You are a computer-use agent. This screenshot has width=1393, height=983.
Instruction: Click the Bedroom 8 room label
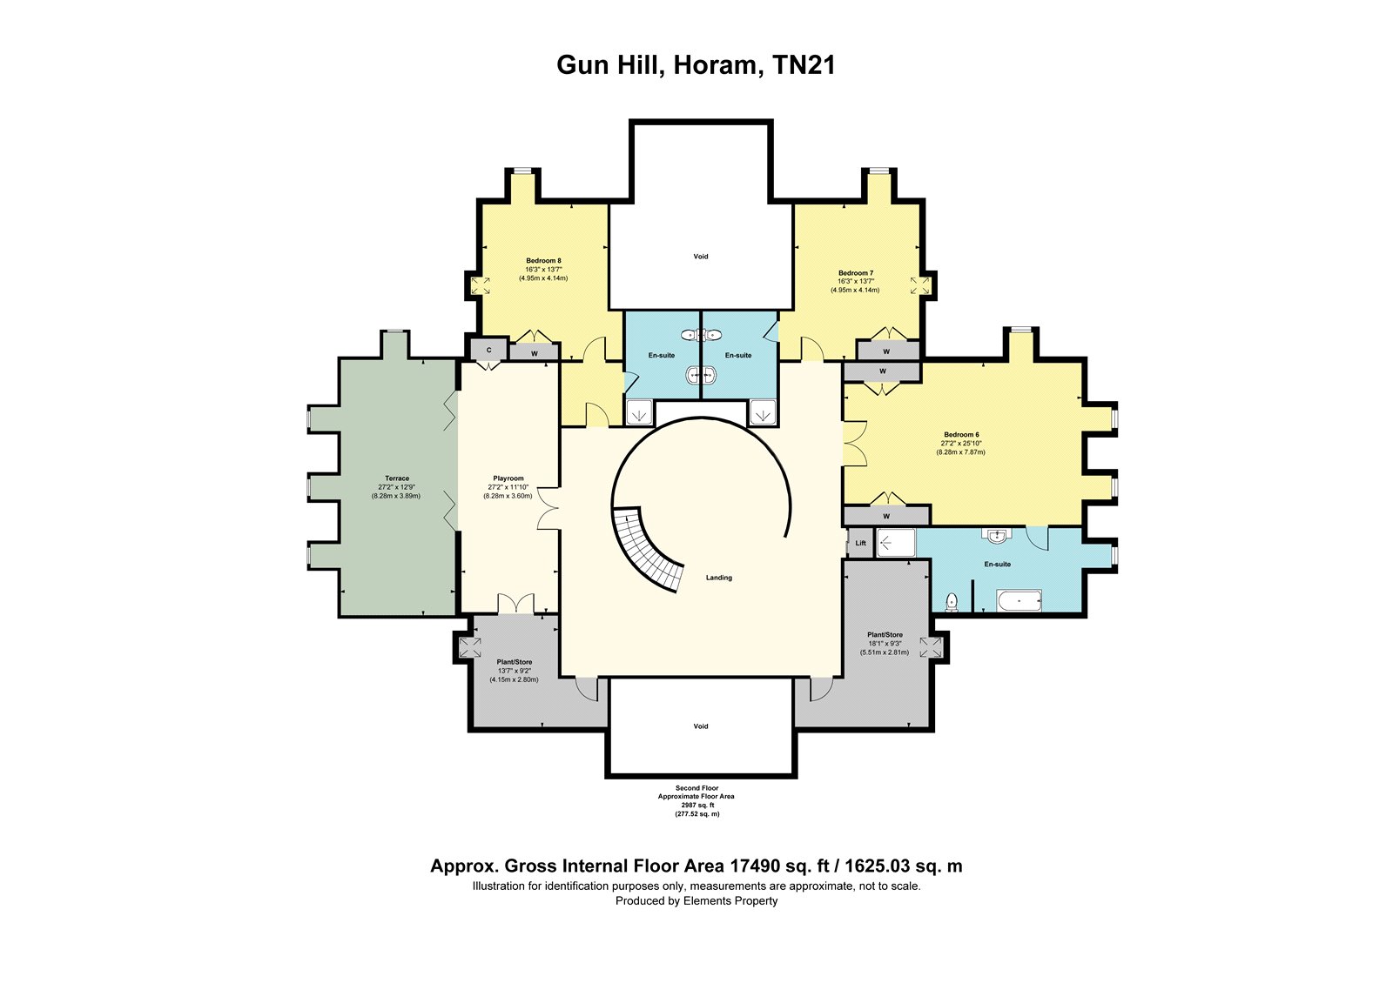tap(543, 260)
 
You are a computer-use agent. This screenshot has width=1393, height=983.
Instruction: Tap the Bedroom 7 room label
tap(856, 273)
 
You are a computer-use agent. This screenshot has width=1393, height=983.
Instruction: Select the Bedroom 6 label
tap(961, 434)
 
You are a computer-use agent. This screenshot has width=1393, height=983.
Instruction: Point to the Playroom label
tap(508, 478)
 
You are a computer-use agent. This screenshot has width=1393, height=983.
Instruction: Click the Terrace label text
tap(397, 478)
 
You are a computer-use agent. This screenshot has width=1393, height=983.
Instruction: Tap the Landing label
tap(719, 578)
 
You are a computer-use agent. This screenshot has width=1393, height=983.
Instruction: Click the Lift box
tap(861, 543)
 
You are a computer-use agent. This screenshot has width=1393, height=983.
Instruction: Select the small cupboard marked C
tap(488, 350)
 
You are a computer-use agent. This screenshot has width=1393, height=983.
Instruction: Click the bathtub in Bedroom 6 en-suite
tap(1019, 601)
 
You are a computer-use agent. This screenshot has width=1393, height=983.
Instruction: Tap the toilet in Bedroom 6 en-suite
tap(950, 601)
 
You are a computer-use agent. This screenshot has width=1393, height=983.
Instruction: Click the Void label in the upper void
tap(701, 256)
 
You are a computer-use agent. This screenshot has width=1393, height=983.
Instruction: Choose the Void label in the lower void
tap(701, 726)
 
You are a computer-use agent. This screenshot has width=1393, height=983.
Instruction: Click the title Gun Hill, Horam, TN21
tap(696, 65)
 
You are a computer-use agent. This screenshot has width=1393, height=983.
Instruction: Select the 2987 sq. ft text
tap(697, 805)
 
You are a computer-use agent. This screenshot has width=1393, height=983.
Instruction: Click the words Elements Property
tap(730, 900)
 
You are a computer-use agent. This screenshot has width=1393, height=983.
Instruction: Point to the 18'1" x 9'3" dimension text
tap(885, 644)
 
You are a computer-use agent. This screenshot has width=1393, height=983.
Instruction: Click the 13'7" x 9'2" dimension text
tap(515, 671)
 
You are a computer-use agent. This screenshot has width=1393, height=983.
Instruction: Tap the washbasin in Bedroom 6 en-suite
tap(996, 536)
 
